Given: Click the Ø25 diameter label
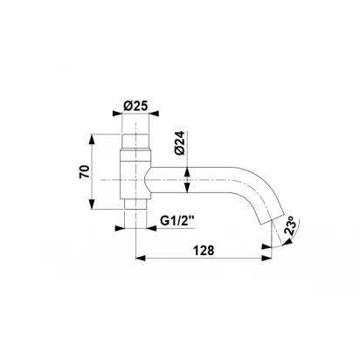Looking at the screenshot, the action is click(135, 106).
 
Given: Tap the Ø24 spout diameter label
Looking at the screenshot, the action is click(180, 143).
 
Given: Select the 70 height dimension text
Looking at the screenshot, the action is click(84, 172).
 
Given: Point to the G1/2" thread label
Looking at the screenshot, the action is click(177, 221).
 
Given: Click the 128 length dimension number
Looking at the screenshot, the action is click(204, 250).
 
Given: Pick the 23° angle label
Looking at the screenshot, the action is click(292, 225).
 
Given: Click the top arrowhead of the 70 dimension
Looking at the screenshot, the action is click(92, 139).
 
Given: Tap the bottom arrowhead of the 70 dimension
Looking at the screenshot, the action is click(92, 204).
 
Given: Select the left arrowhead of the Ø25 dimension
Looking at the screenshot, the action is click(117, 114).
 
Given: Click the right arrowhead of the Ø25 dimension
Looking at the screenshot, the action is click(154, 114).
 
